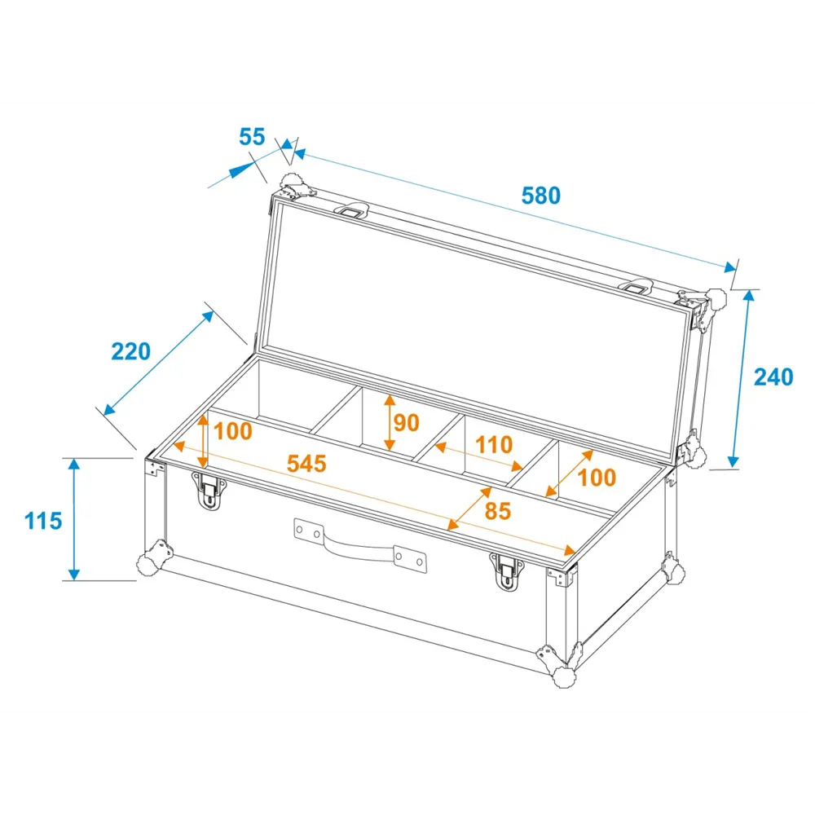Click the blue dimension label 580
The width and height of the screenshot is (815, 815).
[x=541, y=196]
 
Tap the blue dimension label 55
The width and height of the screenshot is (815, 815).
[x=252, y=137]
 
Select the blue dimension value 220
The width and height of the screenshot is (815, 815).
[x=131, y=351]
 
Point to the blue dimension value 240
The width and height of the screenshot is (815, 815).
[x=773, y=377]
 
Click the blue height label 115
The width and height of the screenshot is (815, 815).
[x=43, y=521]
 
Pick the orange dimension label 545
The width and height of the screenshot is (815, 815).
[x=306, y=464]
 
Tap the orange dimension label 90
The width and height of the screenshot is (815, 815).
[x=407, y=422]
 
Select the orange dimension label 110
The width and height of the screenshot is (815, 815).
[x=494, y=445]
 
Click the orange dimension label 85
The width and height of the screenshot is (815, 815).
[x=498, y=511]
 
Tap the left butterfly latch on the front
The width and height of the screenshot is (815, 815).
[x=209, y=491]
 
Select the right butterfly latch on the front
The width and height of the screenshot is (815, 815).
[x=507, y=572]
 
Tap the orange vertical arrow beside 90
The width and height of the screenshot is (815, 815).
[x=390, y=422]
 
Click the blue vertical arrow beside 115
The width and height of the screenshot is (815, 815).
[x=74, y=519]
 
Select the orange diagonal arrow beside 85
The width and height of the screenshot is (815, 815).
[x=469, y=509]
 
